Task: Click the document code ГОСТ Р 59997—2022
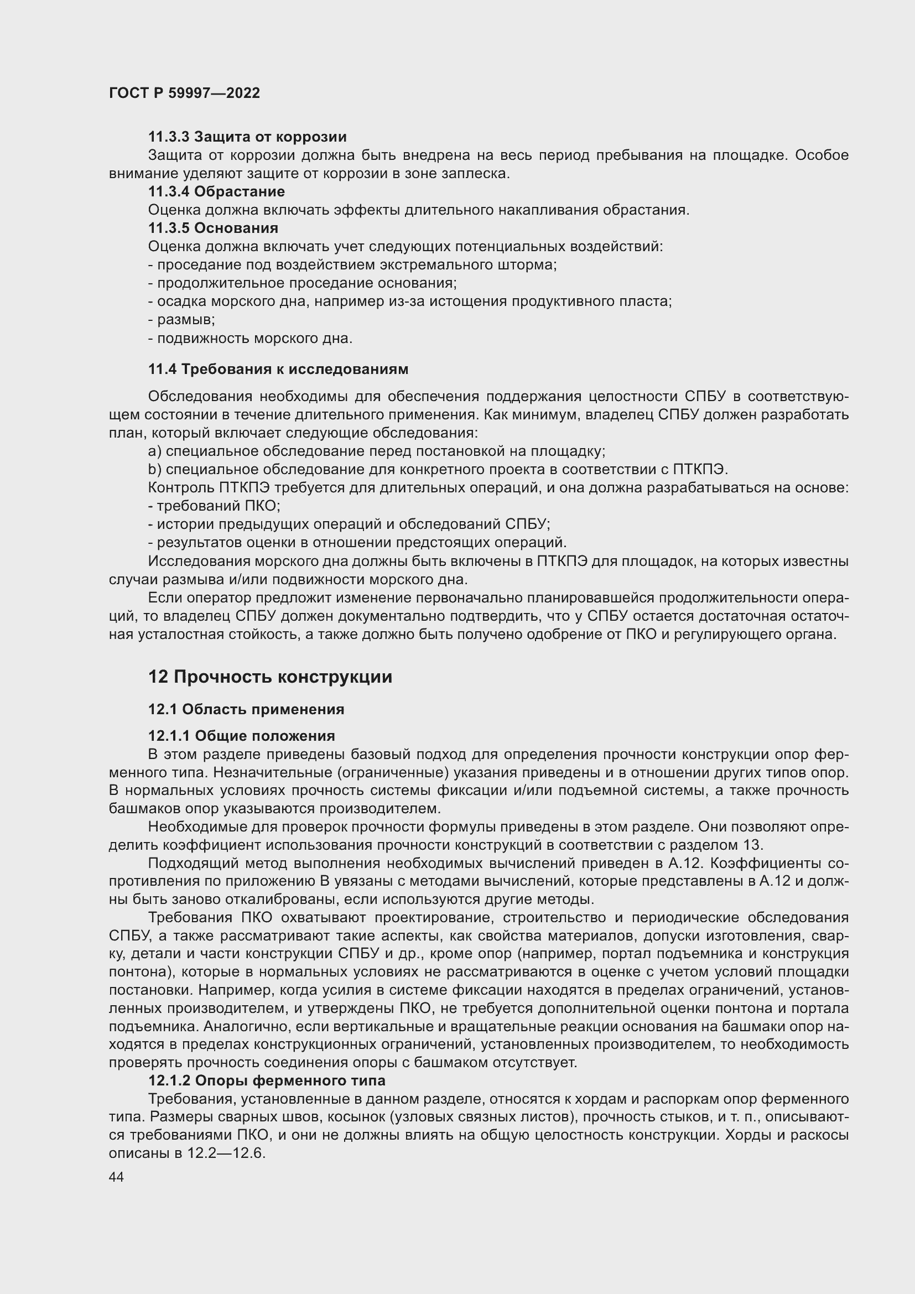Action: [x=184, y=93]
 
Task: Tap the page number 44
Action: [x=116, y=1176]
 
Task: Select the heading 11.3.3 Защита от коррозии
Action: [x=247, y=137]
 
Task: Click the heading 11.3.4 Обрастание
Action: [x=216, y=191]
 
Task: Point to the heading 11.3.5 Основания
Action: [x=213, y=228]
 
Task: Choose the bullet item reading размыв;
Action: [x=181, y=320]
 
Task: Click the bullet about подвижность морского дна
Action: [x=250, y=339]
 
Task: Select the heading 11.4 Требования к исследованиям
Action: [x=278, y=369]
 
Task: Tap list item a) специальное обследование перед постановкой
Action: [x=376, y=451]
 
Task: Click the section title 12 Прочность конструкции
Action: [x=270, y=677]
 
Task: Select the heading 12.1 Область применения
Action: [x=246, y=709]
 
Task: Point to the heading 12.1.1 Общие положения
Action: [x=241, y=736]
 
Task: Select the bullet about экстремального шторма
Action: [x=352, y=265]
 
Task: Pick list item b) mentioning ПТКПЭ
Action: [x=438, y=470]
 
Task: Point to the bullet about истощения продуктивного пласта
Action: [x=409, y=302]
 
